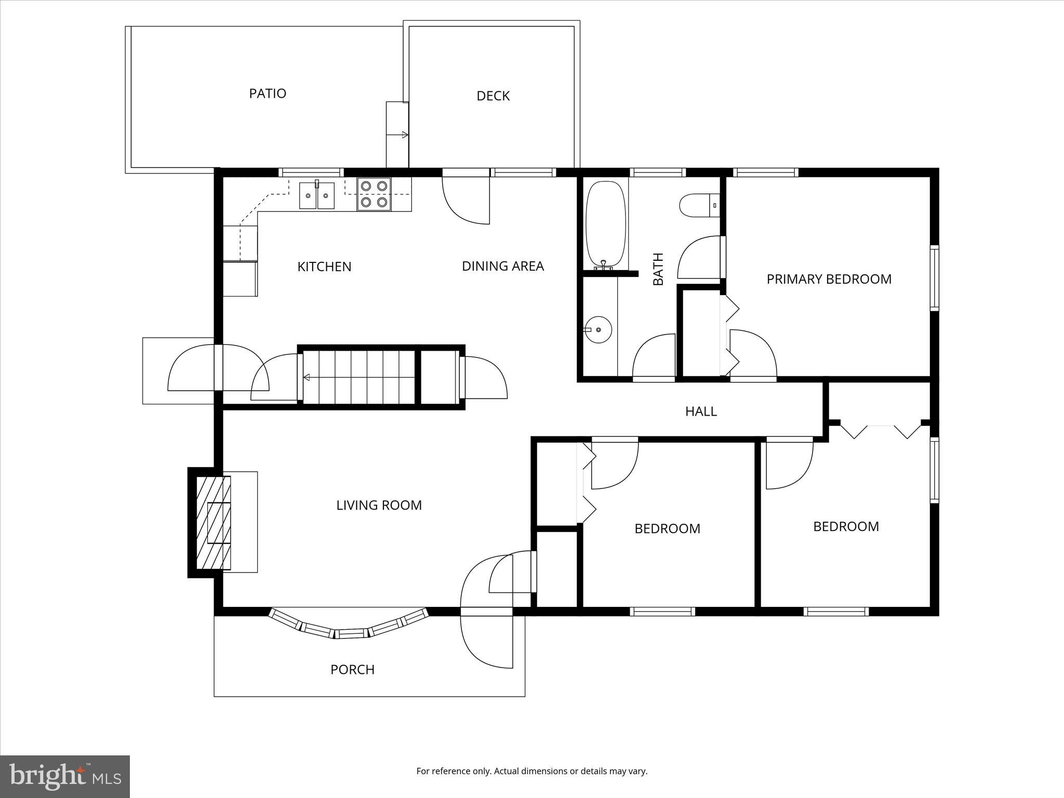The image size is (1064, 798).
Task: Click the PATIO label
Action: pos(268,94)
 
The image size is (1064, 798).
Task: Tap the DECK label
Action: pos(493,96)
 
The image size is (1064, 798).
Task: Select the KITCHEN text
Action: pos(324,267)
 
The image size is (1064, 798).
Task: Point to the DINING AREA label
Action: pos(502,266)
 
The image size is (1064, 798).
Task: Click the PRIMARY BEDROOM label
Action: pos(829,279)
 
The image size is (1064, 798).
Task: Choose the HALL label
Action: pos(701,411)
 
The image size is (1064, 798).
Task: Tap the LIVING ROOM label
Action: pos(379,505)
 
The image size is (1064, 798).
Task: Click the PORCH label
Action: pos(352,670)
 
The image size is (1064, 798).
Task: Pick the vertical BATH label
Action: pos(658,269)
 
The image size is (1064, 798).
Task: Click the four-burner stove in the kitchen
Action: pos(374,194)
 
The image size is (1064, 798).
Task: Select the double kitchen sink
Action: pos(317,195)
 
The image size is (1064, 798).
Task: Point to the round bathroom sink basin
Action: pos(598,329)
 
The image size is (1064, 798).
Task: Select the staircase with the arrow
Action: pos(358,377)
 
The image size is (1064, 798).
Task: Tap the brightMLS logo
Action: pos(65,776)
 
